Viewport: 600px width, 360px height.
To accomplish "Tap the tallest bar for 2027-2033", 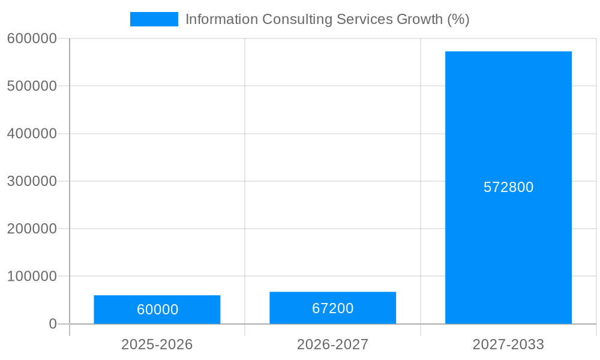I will click(x=508, y=120).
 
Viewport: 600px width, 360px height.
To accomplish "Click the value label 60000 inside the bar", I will click(x=157, y=310).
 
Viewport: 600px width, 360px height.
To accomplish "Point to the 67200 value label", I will click(x=332, y=308).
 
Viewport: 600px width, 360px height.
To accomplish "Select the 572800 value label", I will click(x=508, y=187).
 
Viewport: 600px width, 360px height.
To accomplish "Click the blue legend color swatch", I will click(x=154, y=19).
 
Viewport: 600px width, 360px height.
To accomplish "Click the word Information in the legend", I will click(x=221, y=19).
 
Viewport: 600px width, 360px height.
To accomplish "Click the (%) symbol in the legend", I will click(x=458, y=19).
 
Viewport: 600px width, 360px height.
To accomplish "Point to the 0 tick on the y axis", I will click(x=52, y=324).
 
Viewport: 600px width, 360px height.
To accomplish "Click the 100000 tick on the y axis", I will click(x=32, y=277).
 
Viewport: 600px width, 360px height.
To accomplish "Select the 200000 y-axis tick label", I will click(x=32, y=229).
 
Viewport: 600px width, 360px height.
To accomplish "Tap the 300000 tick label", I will click(x=32, y=181).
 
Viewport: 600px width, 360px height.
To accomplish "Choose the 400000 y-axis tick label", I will click(x=32, y=134).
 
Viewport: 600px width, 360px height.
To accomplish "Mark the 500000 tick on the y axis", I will click(x=32, y=86).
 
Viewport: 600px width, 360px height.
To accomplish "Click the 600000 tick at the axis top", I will click(x=32, y=38).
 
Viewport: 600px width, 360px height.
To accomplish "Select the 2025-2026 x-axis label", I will click(x=157, y=344).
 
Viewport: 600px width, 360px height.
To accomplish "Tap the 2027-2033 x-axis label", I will click(x=508, y=344).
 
